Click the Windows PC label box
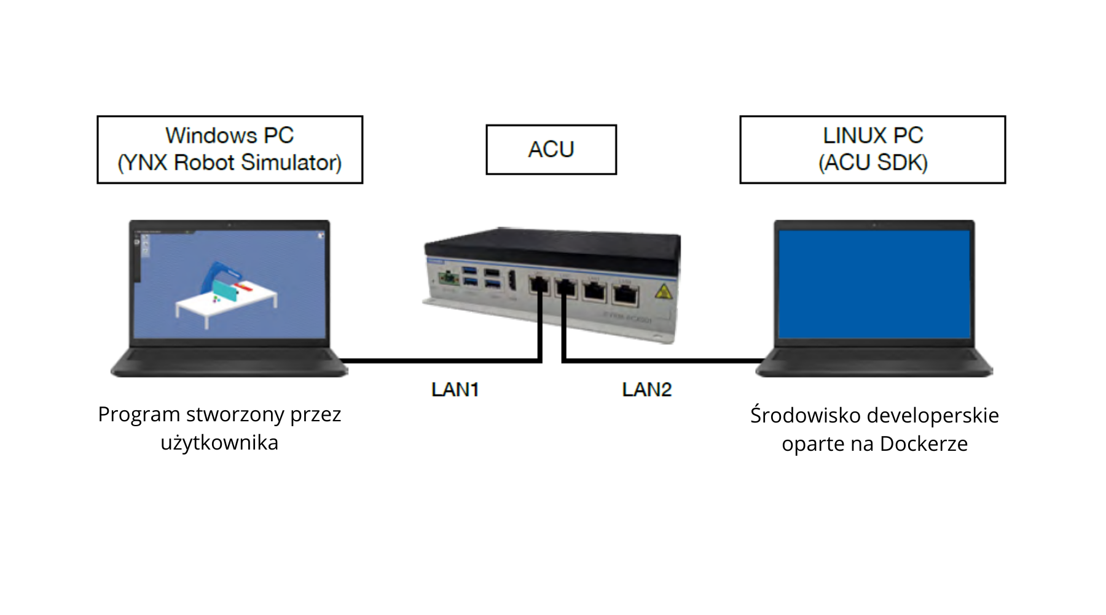point(230,149)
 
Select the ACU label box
point(551,149)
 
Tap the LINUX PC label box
point(873,149)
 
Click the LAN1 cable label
point(455,389)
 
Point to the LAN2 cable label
point(646,389)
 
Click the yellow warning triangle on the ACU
point(662,292)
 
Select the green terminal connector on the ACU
point(449,279)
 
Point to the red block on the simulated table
point(244,287)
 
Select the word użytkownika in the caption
point(219,443)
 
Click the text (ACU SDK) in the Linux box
point(873,163)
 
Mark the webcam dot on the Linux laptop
point(874,225)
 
